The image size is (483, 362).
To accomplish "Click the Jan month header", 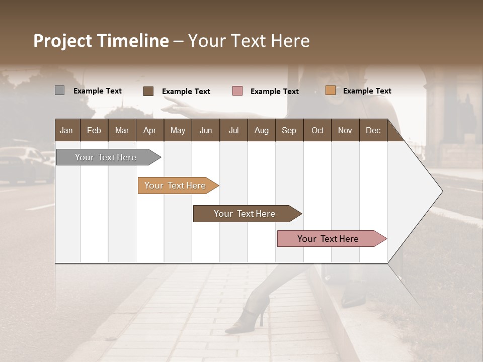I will click(x=67, y=130).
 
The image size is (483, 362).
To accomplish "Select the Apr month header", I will click(x=150, y=130).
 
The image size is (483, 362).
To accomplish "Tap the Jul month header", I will click(x=233, y=130).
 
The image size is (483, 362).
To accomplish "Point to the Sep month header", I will click(x=289, y=130).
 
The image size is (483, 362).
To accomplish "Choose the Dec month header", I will click(x=373, y=130).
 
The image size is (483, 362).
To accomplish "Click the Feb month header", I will click(x=94, y=130).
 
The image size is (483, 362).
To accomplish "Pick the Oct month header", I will click(x=317, y=130).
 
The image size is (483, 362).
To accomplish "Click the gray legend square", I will click(x=59, y=90).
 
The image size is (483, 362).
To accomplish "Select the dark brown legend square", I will click(x=148, y=91).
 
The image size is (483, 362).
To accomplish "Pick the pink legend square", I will click(x=237, y=91).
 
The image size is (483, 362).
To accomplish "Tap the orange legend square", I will click(x=330, y=90).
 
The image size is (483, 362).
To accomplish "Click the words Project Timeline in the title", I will click(x=101, y=41).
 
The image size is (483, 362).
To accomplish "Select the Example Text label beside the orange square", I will click(x=367, y=91).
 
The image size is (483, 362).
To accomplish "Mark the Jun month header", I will click(x=206, y=130).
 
